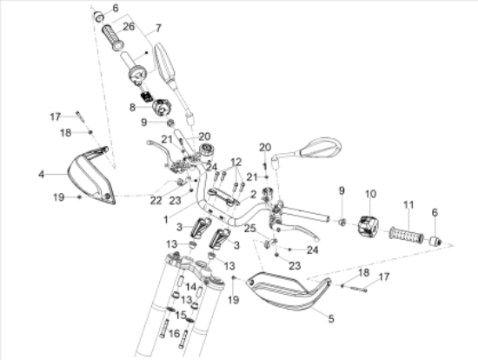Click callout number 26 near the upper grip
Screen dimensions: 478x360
[129, 27]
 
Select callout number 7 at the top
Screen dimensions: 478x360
[158, 29]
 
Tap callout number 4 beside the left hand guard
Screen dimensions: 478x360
[41, 175]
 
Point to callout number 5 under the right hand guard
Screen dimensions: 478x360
[331, 319]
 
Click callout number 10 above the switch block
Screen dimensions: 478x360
[370, 194]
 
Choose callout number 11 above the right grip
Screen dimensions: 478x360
[408, 204]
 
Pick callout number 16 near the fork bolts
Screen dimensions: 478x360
[174, 333]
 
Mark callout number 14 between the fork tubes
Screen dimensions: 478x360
[191, 287]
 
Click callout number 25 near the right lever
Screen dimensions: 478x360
[250, 228]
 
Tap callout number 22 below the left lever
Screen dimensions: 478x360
[156, 201]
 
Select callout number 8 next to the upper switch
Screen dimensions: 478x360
[132, 107]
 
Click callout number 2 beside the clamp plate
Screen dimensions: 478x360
[253, 194]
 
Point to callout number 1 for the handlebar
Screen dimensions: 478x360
[166, 219]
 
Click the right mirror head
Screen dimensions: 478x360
[321, 147]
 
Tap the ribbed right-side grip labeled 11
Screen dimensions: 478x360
[407, 236]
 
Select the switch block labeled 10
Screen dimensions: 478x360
[368, 226]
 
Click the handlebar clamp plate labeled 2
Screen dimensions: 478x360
[223, 197]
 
